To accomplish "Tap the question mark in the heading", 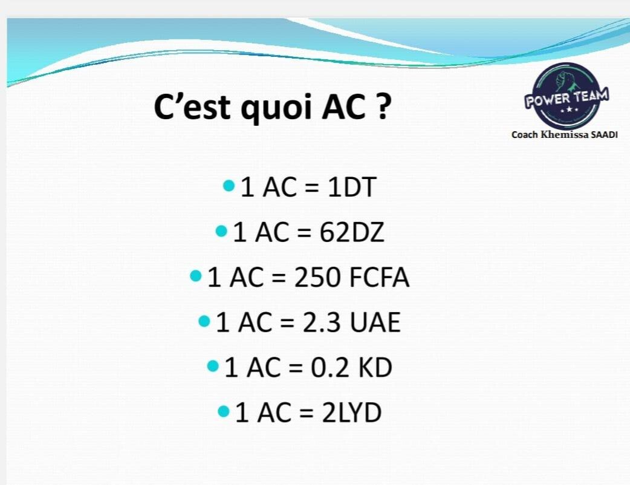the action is point(383,106).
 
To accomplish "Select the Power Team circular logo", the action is point(567,96).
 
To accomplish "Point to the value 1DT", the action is point(351,187).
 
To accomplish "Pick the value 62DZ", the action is point(352,232).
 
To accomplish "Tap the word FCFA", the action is point(379,277).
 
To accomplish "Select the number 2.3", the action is point(322,322).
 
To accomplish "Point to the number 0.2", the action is point(330,367).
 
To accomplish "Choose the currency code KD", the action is point(375,367).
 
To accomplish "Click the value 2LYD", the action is point(351,412).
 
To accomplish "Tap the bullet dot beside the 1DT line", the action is point(228,186).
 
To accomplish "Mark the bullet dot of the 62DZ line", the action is point(221,231).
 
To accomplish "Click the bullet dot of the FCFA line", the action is point(196,276).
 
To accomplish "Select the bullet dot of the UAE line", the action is point(204,321).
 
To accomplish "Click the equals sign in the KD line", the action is point(295,368).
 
